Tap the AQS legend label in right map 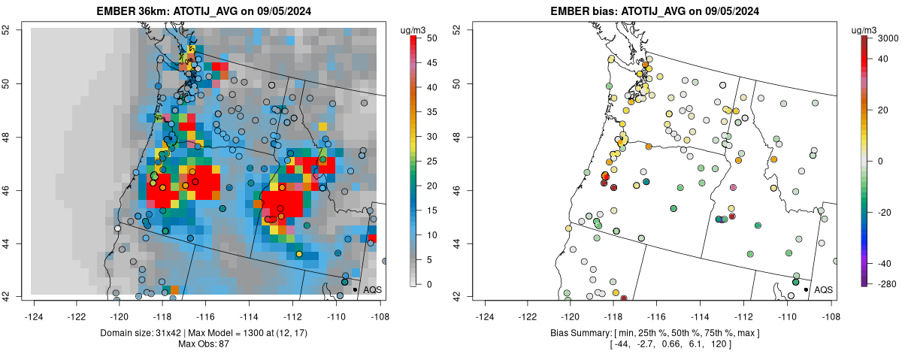point(824,289)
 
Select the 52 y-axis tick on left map point(17,30)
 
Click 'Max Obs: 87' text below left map point(204,343)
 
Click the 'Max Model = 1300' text point(213,332)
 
